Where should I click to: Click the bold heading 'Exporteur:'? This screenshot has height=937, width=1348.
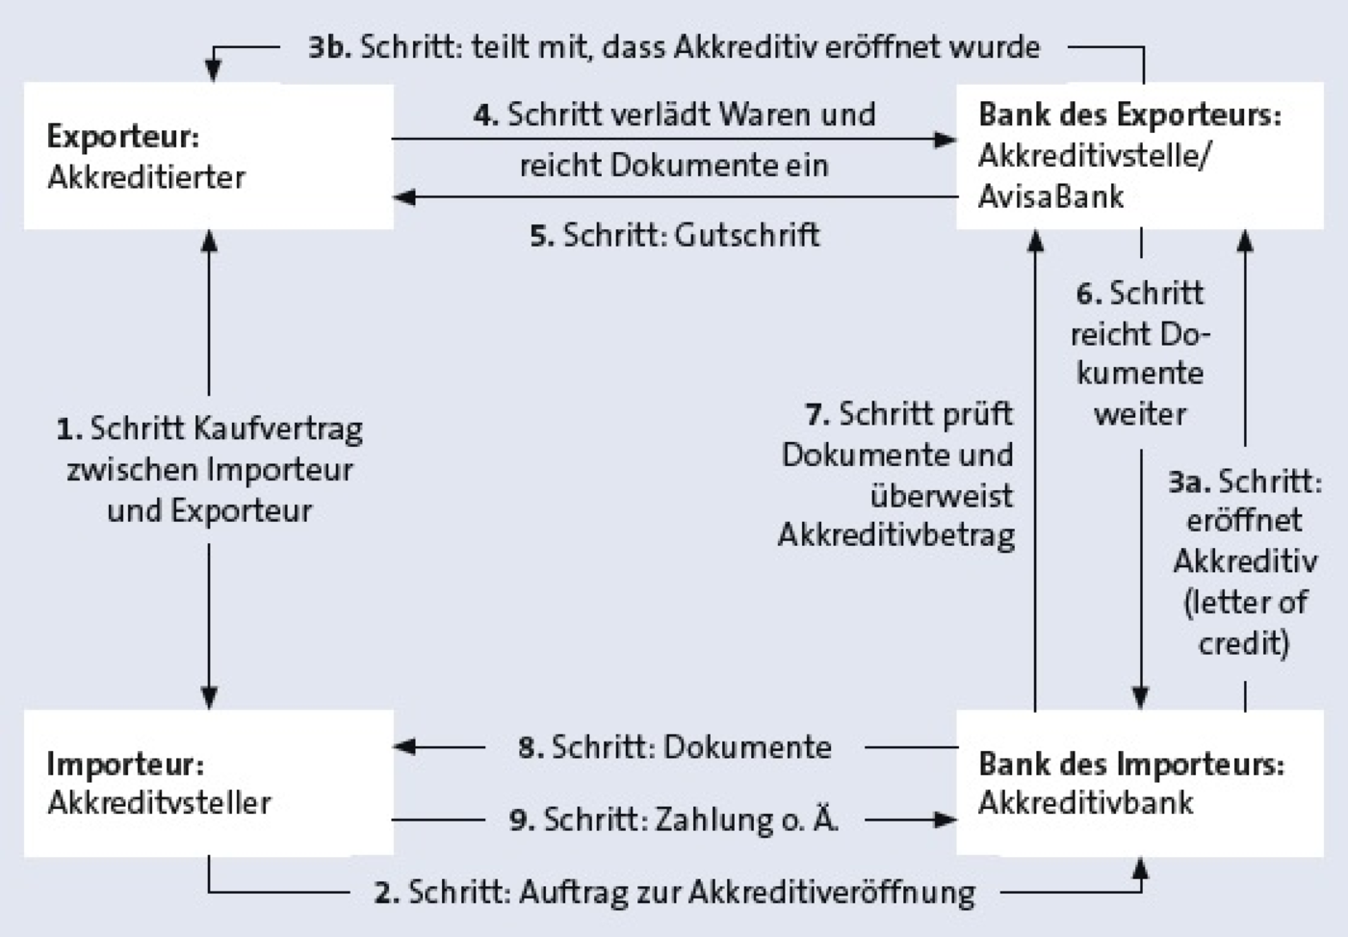123,137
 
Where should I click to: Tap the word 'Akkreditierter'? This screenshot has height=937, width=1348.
146,177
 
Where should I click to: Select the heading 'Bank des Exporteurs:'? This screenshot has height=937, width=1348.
1130,115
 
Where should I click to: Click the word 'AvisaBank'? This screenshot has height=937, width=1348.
1050,196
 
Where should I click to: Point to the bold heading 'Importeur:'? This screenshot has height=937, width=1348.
125,765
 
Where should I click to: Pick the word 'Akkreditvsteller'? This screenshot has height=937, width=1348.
160,803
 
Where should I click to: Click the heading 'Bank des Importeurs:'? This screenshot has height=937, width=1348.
1131,764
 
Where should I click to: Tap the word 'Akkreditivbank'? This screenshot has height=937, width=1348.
1086,802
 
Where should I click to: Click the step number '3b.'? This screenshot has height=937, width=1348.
329,47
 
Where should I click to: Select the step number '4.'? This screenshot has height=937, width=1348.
486,115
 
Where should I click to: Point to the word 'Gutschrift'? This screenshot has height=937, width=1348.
747,235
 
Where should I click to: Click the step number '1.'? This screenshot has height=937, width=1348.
69,429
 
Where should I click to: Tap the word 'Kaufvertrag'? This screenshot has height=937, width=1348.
278,429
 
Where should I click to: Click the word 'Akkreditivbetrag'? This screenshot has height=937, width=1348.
896,534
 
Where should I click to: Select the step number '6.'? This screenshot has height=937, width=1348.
1089,294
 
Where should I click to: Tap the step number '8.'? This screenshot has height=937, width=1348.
531,747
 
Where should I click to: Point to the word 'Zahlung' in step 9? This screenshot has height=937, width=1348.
713,820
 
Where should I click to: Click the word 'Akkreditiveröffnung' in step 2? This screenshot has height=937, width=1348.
832,892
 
